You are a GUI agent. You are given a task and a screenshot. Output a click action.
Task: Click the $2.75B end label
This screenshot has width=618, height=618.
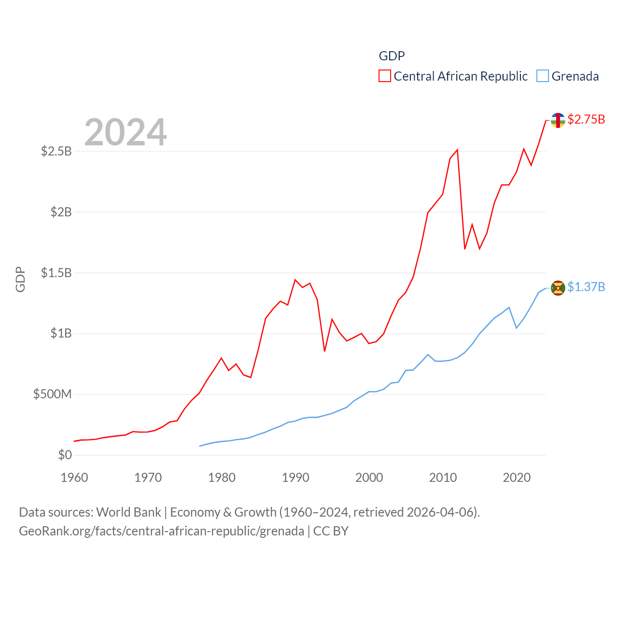coord(586,119)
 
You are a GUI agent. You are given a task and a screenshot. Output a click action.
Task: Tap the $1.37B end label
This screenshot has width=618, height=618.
coord(586,287)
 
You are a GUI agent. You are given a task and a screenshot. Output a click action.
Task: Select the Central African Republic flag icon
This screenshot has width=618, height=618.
coord(558,120)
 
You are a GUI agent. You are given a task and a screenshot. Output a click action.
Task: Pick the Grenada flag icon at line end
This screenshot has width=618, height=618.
coord(558,288)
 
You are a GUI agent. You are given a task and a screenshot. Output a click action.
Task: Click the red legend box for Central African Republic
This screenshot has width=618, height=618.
coord(384,76)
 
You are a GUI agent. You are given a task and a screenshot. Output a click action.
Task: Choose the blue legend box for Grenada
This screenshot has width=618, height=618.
coord(543,76)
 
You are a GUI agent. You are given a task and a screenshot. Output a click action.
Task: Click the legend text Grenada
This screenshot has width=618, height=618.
coord(575,76)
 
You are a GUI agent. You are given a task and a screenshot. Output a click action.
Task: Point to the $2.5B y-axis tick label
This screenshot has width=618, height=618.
coord(56,151)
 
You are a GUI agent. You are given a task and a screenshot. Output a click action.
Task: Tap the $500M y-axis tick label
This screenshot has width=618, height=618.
coord(52,394)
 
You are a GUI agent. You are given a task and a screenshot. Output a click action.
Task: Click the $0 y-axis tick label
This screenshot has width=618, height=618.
coord(65,455)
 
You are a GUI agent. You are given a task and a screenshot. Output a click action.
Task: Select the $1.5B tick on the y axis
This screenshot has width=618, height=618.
coord(56,273)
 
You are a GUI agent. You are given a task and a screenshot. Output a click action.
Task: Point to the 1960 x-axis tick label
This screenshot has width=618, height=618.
coord(74,478)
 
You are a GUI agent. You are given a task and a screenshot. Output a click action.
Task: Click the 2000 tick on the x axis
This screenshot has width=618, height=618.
coord(369,478)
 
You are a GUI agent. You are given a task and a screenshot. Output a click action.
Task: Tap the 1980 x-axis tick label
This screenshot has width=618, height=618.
coord(222,478)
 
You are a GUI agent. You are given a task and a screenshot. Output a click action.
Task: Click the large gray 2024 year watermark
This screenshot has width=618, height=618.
coord(126,132)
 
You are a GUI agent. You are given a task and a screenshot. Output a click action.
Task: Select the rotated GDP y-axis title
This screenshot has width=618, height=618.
coord(20,279)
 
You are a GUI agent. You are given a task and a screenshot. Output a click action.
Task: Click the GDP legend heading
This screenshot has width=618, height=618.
coord(392,56)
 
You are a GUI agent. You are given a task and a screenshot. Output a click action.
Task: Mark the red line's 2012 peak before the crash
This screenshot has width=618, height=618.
coord(457,150)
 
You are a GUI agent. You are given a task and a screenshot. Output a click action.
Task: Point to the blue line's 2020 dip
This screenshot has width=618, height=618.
coord(516,328)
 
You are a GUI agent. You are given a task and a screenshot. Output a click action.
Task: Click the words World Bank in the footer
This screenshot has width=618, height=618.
coord(128,512)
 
